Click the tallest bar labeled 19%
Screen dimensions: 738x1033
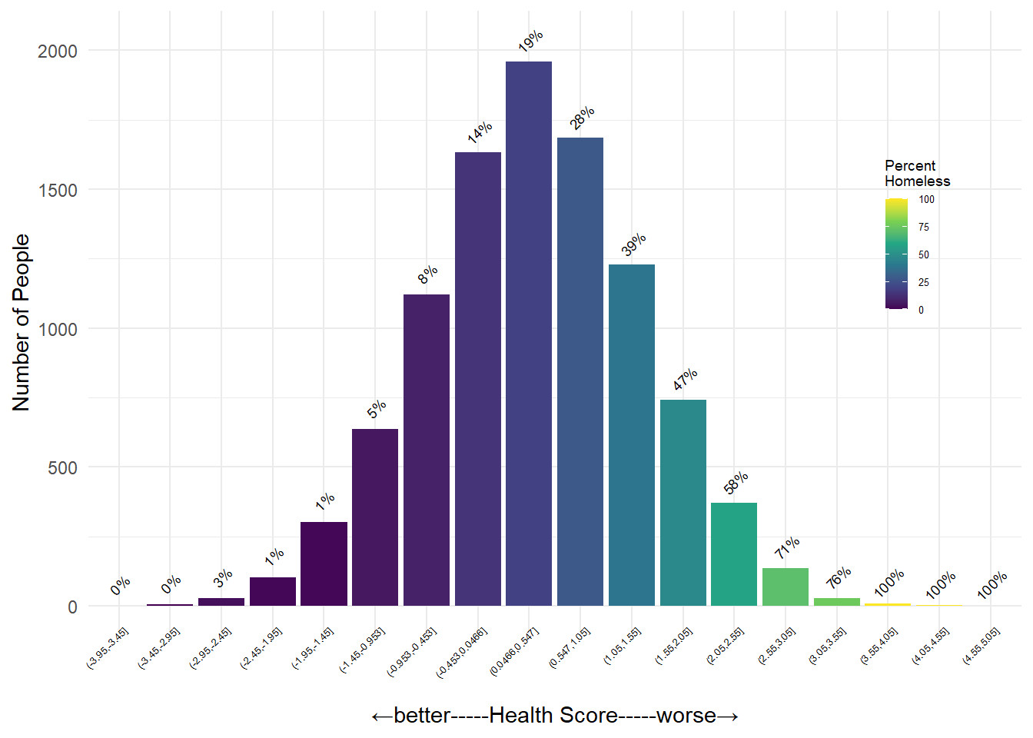pos(529,334)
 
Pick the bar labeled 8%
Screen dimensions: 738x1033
pos(427,450)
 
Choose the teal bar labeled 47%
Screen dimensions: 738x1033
pos(683,503)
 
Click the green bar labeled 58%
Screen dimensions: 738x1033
pos(734,554)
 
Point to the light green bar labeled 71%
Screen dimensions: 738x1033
pos(786,587)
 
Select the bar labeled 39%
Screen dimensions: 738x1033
pos(632,435)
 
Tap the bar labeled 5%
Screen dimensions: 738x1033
pos(375,517)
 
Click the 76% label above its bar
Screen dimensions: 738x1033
pos(839,577)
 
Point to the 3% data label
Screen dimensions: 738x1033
pos(223,578)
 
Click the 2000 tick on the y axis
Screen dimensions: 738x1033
pos(58,52)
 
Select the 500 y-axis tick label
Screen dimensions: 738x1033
pos(62,468)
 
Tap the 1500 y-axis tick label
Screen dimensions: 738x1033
pos(58,191)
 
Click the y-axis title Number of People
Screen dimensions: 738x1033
pos(21,323)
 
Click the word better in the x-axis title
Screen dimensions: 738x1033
pos(422,716)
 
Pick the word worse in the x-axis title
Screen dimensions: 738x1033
pos(686,716)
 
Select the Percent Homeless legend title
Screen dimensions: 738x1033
pos(917,174)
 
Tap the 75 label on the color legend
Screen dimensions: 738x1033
pos(924,227)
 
